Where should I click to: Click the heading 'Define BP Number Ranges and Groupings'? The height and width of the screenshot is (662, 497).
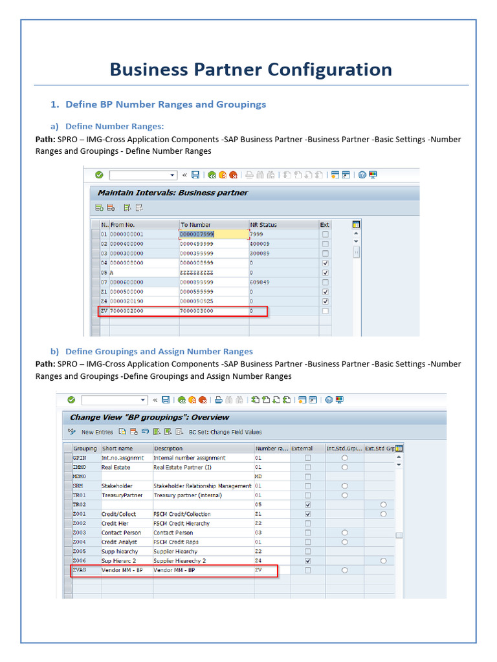click(x=165, y=104)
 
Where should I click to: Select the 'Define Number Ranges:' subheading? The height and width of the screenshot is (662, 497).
click(x=115, y=126)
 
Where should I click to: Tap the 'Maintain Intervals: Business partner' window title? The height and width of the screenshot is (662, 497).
click(x=172, y=193)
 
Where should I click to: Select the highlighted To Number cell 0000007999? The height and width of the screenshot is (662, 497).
click(x=197, y=234)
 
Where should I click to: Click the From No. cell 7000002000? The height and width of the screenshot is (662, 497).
click(x=127, y=311)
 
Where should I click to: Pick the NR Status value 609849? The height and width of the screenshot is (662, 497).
click(x=260, y=283)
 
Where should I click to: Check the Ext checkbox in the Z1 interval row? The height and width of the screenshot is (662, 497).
click(x=325, y=292)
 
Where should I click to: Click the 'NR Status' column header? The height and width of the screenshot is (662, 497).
click(x=263, y=224)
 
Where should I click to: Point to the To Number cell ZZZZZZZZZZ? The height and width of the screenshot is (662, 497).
click(x=197, y=273)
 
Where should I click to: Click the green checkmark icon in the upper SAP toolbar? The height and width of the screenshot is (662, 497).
click(x=99, y=175)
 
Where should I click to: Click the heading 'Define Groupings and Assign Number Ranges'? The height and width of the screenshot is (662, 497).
click(x=159, y=352)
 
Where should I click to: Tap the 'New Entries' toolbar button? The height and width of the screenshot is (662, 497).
click(x=97, y=432)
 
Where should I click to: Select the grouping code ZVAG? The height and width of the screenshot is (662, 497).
click(x=80, y=570)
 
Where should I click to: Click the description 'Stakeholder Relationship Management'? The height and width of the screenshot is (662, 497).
click(x=202, y=486)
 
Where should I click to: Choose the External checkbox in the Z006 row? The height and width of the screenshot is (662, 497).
click(x=307, y=561)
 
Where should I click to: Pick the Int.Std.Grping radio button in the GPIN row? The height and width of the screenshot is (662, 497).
click(x=344, y=458)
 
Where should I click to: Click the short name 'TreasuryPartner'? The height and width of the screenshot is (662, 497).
click(x=122, y=495)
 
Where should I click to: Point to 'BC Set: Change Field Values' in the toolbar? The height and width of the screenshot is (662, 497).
click(x=225, y=432)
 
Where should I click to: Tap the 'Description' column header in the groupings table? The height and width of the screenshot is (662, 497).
click(x=168, y=448)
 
